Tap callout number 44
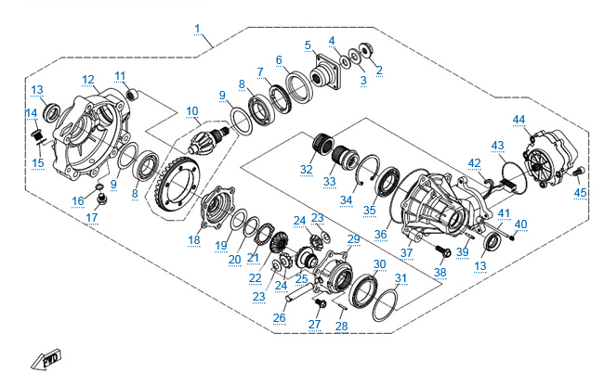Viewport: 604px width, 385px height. (519, 120)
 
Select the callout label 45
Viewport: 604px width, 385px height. (581, 192)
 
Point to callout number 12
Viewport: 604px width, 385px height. (88, 80)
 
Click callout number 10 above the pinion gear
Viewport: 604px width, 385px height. (191, 112)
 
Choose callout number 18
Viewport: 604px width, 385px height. (193, 239)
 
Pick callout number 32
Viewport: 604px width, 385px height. (306, 169)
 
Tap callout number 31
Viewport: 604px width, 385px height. (400, 278)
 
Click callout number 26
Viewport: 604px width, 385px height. (279, 317)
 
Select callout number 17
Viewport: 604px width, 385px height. (93, 219)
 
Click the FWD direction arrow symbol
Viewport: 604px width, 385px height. (44, 359)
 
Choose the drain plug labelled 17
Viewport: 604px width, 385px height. (104, 199)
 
